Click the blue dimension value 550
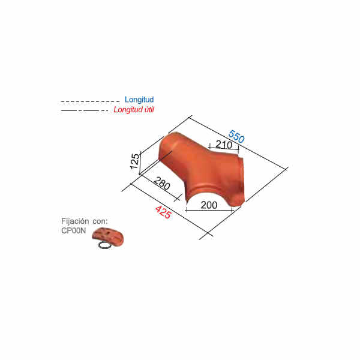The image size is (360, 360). click(236, 136)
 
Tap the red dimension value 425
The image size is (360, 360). click(163, 212)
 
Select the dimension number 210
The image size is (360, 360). click(224, 145)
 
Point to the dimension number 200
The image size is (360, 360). click(209, 205)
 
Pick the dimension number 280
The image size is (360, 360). click(162, 184)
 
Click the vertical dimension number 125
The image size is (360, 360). click(135, 161)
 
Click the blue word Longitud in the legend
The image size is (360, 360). click(139, 100)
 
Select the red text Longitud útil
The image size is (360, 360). click(134, 110)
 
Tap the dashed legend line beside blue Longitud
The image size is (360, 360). click(90, 101)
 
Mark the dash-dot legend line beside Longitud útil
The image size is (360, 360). click(85, 110)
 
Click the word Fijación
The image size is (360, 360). click(75, 221)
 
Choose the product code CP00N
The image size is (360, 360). click(73, 230)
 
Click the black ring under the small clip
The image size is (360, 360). click(105, 245)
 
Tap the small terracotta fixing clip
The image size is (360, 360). click(108, 236)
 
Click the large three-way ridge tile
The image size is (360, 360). click(202, 169)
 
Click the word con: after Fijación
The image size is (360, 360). click(100, 221)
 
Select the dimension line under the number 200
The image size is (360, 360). click(209, 210)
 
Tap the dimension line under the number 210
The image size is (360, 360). click(224, 148)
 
